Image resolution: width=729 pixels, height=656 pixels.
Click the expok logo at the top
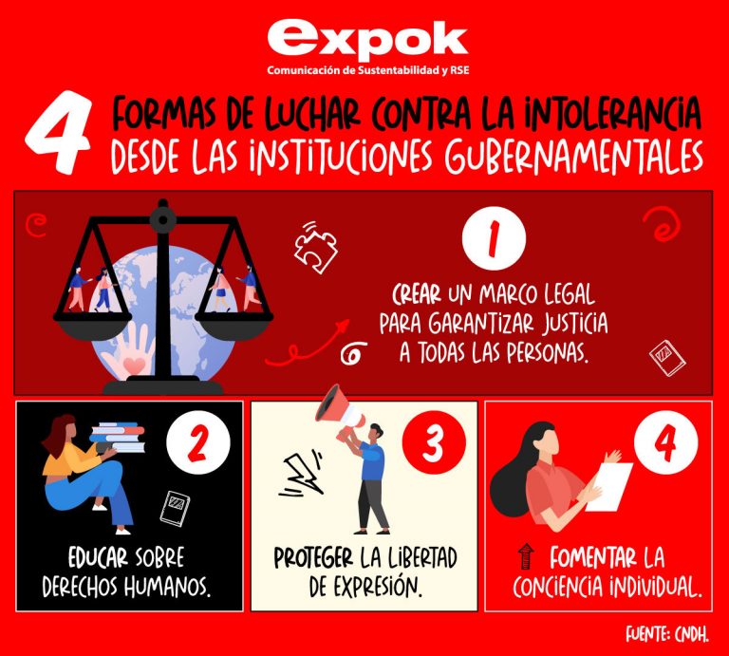[367, 47]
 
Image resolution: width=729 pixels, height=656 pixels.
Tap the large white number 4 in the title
[58, 133]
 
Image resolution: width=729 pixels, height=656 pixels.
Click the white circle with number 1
[494, 238]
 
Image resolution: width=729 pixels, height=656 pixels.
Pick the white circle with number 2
[198, 442]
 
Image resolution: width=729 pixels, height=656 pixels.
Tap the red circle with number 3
[434, 442]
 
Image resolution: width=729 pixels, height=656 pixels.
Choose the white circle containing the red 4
[665, 442]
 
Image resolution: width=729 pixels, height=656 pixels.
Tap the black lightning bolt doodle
[301, 474]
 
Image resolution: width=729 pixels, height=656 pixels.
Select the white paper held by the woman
[609, 487]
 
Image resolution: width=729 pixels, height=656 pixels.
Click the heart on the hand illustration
[135, 365]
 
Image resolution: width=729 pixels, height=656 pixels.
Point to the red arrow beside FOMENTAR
[526, 556]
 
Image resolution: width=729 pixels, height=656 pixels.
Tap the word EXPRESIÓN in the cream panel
[380, 587]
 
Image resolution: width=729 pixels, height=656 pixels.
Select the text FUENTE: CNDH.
[667, 633]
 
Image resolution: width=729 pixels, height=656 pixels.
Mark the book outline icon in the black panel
[175, 509]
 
